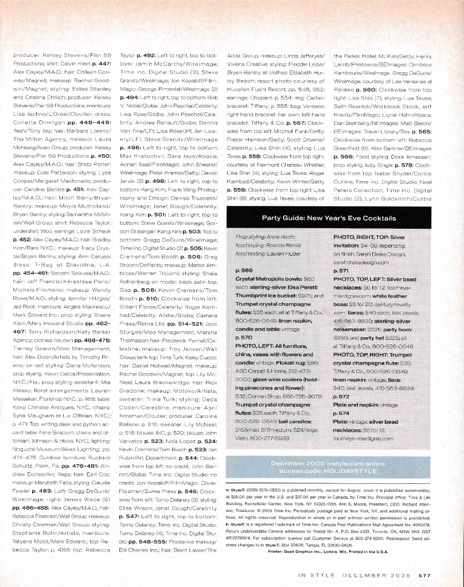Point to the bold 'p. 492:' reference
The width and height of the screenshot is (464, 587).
(141, 55)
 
